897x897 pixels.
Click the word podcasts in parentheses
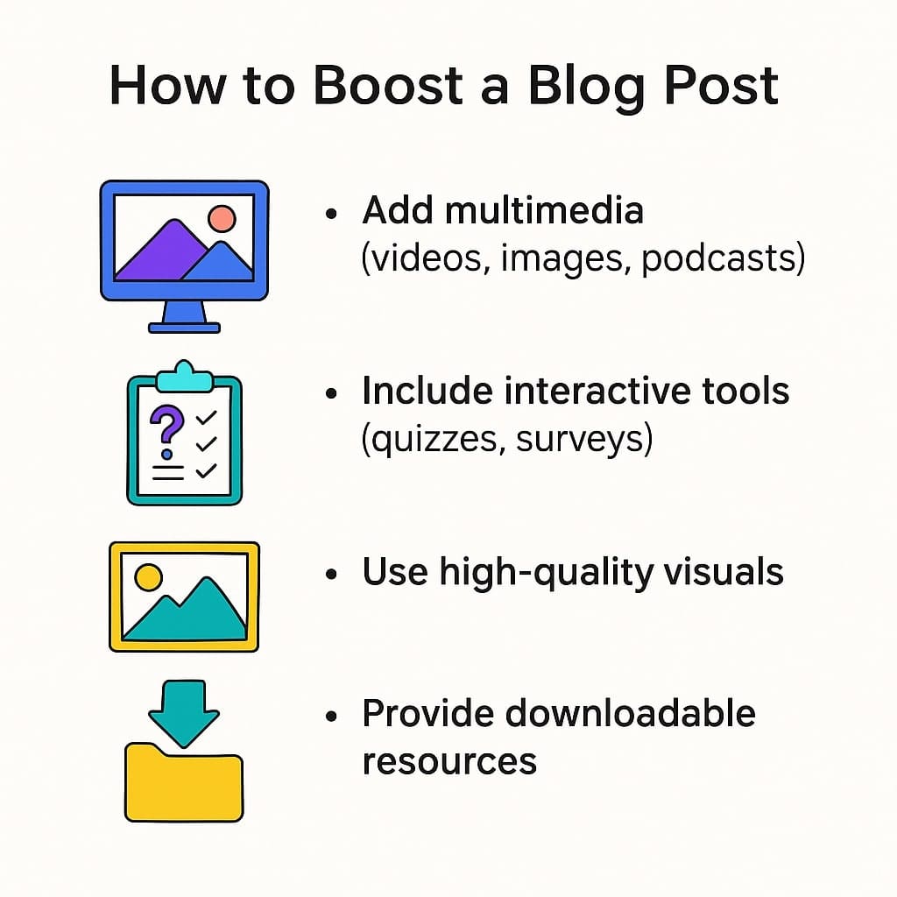722,260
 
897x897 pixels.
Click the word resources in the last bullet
449,760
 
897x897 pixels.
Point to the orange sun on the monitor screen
222,217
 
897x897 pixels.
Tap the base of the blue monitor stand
184,328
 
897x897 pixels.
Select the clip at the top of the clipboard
183,377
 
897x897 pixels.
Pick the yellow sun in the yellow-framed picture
148,577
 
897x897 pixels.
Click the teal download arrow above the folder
183,710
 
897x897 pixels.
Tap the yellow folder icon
183,784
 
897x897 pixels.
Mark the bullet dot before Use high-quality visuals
331,574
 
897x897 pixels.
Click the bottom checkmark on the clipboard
207,471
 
